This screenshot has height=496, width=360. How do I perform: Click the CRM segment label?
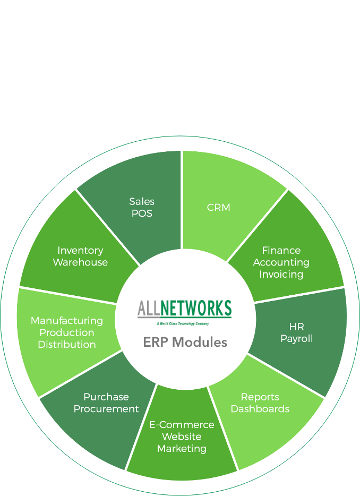tap(218, 207)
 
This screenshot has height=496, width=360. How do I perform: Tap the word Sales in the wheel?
tap(142, 201)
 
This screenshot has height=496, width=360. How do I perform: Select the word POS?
tap(142, 213)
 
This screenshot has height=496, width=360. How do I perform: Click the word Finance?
tap(281, 250)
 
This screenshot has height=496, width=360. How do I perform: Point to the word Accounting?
tap(281, 262)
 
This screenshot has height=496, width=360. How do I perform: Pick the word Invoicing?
tap(281, 275)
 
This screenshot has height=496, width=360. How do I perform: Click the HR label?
tap(297, 326)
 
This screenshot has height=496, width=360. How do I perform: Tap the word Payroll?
tap(297, 338)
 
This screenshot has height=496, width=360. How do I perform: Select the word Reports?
tap(260, 397)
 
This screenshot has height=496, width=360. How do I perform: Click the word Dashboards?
tap(260, 409)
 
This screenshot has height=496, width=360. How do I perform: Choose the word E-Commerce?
tap(182, 424)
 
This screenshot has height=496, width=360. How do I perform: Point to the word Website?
tap(182, 437)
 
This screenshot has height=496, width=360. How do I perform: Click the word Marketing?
tap(182, 449)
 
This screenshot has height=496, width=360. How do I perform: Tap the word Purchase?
tap(106, 397)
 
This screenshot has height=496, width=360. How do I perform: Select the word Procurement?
tap(106, 409)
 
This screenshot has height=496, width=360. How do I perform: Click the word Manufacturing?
tap(67, 320)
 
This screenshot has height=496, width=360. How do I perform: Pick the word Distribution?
tap(67, 345)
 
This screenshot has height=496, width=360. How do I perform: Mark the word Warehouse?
tap(80, 262)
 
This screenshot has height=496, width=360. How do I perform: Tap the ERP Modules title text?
tap(185, 342)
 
